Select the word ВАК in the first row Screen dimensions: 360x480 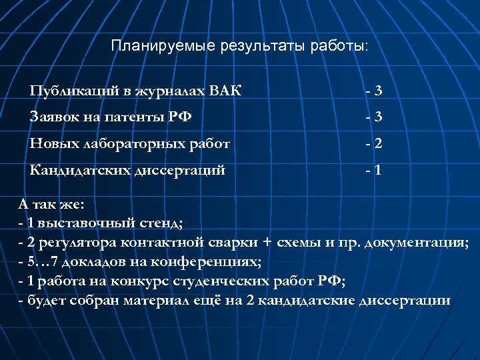coord(227,90)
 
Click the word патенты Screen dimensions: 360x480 coord(132,117)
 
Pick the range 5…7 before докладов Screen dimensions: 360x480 coord(41,261)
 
